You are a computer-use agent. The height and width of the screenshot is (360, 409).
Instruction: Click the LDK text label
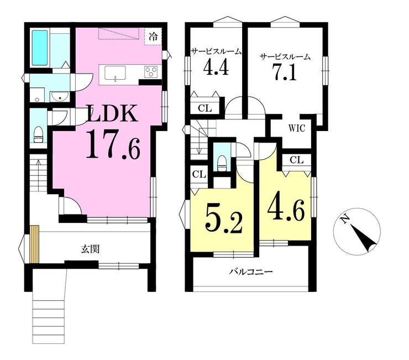(x=112, y=113)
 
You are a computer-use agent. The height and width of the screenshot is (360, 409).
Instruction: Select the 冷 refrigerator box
(x=153, y=37)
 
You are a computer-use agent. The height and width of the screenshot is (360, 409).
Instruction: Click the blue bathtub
(x=40, y=48)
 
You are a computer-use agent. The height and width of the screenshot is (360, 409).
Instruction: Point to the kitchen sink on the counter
(x=115, y=73)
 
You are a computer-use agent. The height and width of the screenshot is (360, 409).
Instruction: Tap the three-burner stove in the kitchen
(x=151, y=72)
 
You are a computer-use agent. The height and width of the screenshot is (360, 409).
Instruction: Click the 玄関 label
(x=90, y=249)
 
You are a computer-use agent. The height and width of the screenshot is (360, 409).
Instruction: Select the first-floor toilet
(x=38, y=134)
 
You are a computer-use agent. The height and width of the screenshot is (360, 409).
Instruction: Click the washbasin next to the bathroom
(x=60, y=97)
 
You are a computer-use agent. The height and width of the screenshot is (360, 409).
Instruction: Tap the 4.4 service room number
(x=216, y=67)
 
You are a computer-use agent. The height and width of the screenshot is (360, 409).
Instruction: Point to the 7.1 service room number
(x=285, y=72)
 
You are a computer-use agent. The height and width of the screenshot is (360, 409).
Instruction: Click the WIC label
(x=297, y=128)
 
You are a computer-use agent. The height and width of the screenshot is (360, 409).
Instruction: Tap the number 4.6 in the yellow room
(x=286, y=210)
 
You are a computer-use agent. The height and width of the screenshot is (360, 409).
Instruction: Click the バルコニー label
(x=251, y=272)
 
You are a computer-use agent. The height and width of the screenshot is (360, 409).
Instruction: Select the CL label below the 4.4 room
(x=205, y=108)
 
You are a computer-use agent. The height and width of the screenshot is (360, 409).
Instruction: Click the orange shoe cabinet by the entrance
(x=34, y=244)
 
